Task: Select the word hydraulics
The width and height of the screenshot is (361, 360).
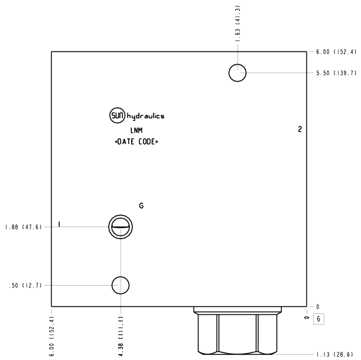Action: click(x=145, y=116)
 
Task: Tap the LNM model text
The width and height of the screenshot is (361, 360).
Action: click(x=136, y=130)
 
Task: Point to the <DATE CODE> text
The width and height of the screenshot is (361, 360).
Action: click(x=136, y=142)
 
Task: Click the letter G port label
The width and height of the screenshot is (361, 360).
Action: click(x=141, y=205)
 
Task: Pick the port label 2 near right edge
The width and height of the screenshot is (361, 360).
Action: click(x=300, y=129)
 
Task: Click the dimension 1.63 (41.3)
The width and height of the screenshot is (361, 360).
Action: click(x=238, y=24)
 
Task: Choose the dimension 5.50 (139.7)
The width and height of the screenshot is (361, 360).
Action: click(x=336, y=73)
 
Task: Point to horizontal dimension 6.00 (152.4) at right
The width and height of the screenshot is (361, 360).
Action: click(x=336, y=52)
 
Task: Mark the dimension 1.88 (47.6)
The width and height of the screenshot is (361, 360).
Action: click(x=23, y=227)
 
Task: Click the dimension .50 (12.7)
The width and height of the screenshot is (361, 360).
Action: click(x=25, y=286)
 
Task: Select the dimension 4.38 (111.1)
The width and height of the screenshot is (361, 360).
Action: click(x=121, y=336)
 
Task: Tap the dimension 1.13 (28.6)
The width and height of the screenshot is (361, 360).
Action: click(x=334, y=355)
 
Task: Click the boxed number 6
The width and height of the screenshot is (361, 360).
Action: click(x=318, y=319)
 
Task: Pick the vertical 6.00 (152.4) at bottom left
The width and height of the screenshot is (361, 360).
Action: click(x=52, y=336)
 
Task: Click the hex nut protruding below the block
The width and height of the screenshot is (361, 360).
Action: click(x=238, y=330)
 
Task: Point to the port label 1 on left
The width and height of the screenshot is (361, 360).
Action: click(x=60, y=224)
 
